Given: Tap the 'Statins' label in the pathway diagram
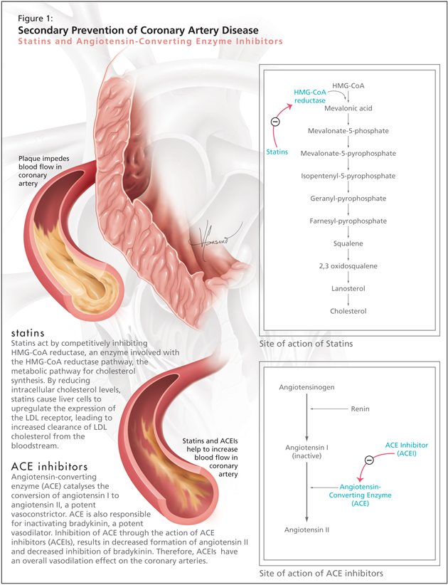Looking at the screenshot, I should click(x=278, y=152).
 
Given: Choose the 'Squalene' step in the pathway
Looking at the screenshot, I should click(x=347, y=243).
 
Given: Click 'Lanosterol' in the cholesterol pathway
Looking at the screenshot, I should click(x=347, y=288).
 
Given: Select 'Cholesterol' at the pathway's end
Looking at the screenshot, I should click(x=347, y=311).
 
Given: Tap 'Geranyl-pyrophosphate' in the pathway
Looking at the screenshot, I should click(x=347, y=199).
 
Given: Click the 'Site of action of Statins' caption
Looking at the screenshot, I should click(x=306, y=344).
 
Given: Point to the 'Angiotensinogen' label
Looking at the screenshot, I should click(x=306, y=387).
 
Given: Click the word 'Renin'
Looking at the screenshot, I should click(x=360, y=409).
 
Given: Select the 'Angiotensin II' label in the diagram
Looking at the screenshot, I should click(x=306, y=530).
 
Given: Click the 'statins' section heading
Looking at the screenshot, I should click(x=28, y=332).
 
